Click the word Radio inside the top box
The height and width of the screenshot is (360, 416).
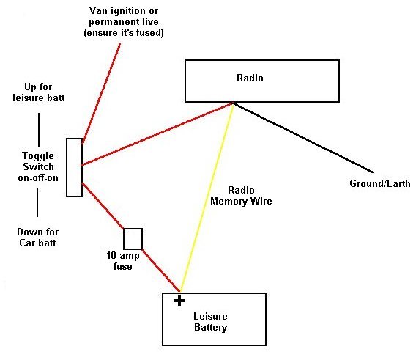click(x=250, y=78)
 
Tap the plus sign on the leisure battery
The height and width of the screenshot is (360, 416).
click(x=179, y=301)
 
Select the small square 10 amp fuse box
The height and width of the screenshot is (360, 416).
click(x=133, y=238)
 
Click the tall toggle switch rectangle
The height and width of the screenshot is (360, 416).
click(x=74, y=167)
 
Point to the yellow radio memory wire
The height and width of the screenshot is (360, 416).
click(x=207, y=197)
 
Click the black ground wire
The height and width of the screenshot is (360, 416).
click(x=303, y=138)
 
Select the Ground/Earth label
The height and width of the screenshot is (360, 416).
click(x=380, y=183)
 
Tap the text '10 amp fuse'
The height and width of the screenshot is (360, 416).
click(x=123, y=261)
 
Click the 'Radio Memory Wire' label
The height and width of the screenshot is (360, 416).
click(x=241, y=196)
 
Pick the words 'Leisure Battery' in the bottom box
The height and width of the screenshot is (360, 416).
click(x=211, y=322)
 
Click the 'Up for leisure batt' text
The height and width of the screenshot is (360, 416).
click(x=39, y=92)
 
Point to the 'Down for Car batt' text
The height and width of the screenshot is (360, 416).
click(x=37, y=238)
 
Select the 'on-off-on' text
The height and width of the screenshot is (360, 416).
click(x=38, y=177)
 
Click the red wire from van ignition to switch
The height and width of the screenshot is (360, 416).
click(x=101, y=94)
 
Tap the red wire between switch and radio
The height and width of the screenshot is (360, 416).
click(x=157, y=134)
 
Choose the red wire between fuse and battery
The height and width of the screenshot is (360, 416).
click(x=161, y=271)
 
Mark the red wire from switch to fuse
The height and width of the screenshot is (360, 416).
click(x=103, y=205)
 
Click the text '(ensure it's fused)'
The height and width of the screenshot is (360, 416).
click(x=124, y=33)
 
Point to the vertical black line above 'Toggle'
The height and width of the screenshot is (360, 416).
click(x=39, y=130)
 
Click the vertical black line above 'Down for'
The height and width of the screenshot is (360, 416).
click(x=37, y=202)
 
